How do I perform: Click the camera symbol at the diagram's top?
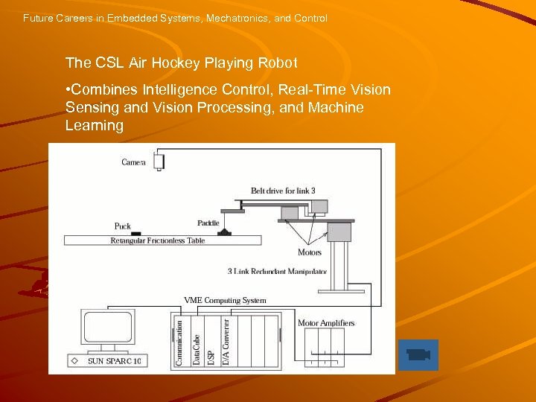tap(159, 162)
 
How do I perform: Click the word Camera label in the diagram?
tap(134, 162)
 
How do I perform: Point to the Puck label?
tap(123, 226)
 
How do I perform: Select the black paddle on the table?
tap(224, 232)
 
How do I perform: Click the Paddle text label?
tap(208, 223)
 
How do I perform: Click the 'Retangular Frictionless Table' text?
tap(157, 240)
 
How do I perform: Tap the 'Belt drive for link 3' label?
tap(283, 191)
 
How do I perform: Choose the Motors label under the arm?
tap(310, 252)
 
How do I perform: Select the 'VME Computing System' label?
tap(225, 301)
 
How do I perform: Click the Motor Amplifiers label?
tap(326, 322)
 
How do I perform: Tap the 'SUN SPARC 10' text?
tap(115, 361)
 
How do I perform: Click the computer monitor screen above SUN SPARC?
tap(108, 328)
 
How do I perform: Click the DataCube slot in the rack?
tap(197, 342)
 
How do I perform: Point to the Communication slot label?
tap(179, 342)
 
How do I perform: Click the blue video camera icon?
tap(419, 354)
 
